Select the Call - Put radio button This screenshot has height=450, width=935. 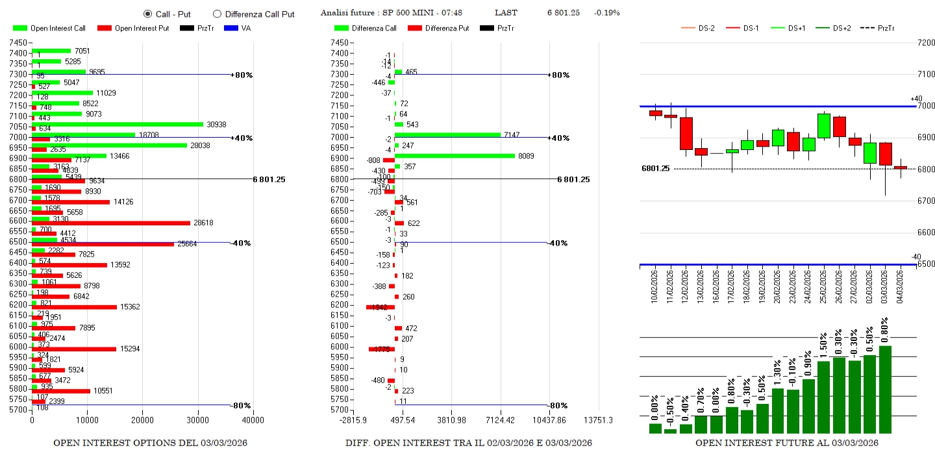click(147, 14)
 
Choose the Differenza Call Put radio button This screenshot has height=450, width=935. click(217, 14)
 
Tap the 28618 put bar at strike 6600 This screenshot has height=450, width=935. click(110, 223)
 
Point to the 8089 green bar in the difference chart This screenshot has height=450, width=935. click(455, 156)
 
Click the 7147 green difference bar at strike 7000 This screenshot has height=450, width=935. click(447, 134)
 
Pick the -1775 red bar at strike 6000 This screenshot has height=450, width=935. click(381, 349)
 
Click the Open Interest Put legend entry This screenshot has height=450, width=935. click(133, 28)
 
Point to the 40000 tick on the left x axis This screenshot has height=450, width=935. click(253, 420)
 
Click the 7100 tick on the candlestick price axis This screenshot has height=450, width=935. click(925, 75)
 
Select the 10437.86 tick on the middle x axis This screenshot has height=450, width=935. click(549, 420)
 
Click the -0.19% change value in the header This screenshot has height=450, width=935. click(607, 13)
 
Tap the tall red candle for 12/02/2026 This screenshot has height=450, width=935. click(686, 134)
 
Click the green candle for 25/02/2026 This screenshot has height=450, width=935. click(824, 126)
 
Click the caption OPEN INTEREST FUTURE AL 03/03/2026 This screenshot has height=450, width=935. click(786, 443)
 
